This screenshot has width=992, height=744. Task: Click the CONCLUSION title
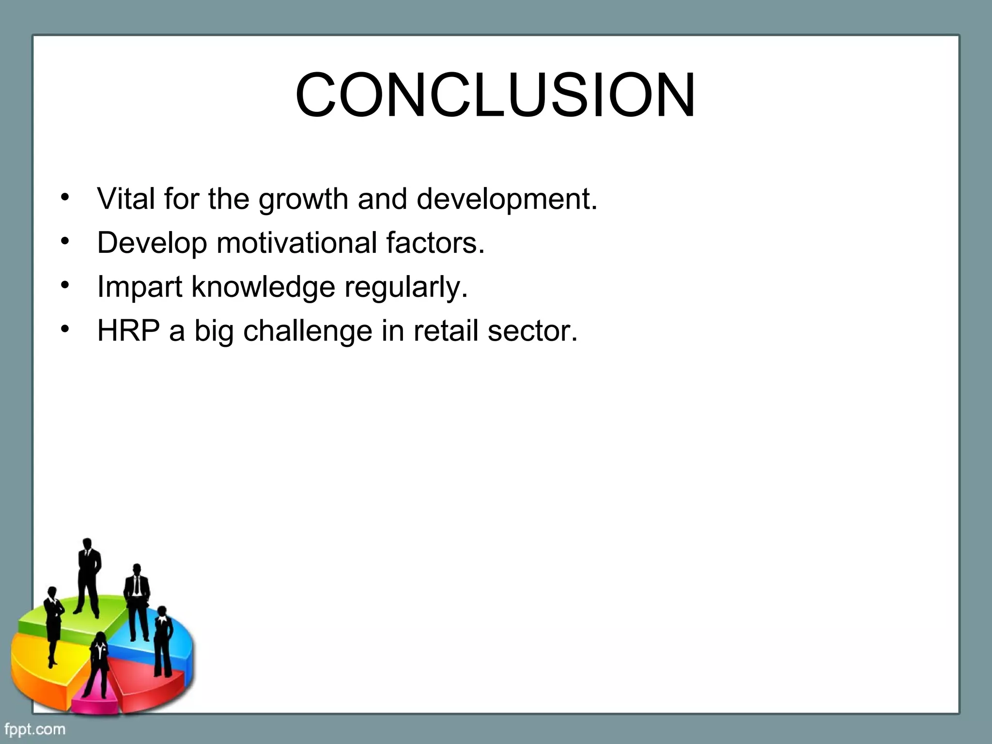pos(495,95)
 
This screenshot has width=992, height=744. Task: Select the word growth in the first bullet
pos(303,200)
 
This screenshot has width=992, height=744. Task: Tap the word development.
pos(507,200)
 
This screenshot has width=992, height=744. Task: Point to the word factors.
pos(435,243)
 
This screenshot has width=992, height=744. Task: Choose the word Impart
pos(139,287)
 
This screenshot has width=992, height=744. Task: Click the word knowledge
pos(263,287)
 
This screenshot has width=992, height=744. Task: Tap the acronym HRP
pos(128,331)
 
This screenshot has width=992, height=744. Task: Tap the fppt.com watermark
pos(34,729)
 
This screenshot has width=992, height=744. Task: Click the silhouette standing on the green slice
pos(88,576)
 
